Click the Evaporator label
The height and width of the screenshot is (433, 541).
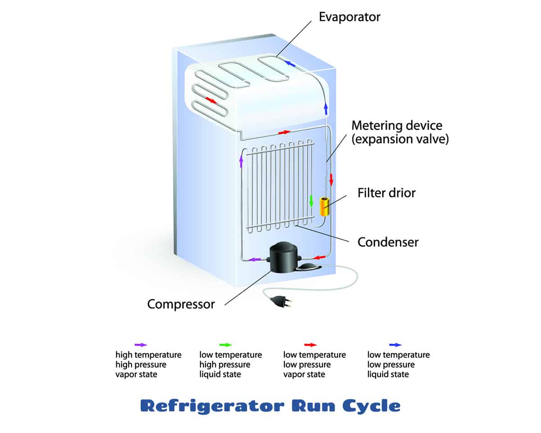(x=349, y=18)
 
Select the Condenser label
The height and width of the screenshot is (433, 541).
(x=388, y=242)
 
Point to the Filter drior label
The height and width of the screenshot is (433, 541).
(x=386, y=193)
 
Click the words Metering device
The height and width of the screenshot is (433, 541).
(x=397, y=126)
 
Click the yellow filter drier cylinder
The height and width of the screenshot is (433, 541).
(x=324, y=207)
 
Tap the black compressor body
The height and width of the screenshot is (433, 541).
(x=284, y=258)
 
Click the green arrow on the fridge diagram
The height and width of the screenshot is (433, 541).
(x=311, y=201)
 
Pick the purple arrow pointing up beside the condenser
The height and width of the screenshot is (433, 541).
(x=241, y=161)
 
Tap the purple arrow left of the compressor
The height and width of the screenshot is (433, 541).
(x=254, y=260)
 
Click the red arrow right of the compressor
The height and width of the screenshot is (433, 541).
(x=319, y=258)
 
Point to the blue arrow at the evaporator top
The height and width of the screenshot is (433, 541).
(x=289, y=64)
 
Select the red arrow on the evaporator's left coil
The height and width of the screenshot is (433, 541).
(x=211, y=100)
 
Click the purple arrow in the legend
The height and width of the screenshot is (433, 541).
(x=141, y=345)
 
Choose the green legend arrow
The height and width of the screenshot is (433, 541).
(x=225, y=345)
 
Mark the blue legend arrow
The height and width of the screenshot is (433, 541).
(x=395, y=345)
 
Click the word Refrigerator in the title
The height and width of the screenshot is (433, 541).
(x=212, y=406)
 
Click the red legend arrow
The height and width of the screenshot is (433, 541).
(x=311, y=345)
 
